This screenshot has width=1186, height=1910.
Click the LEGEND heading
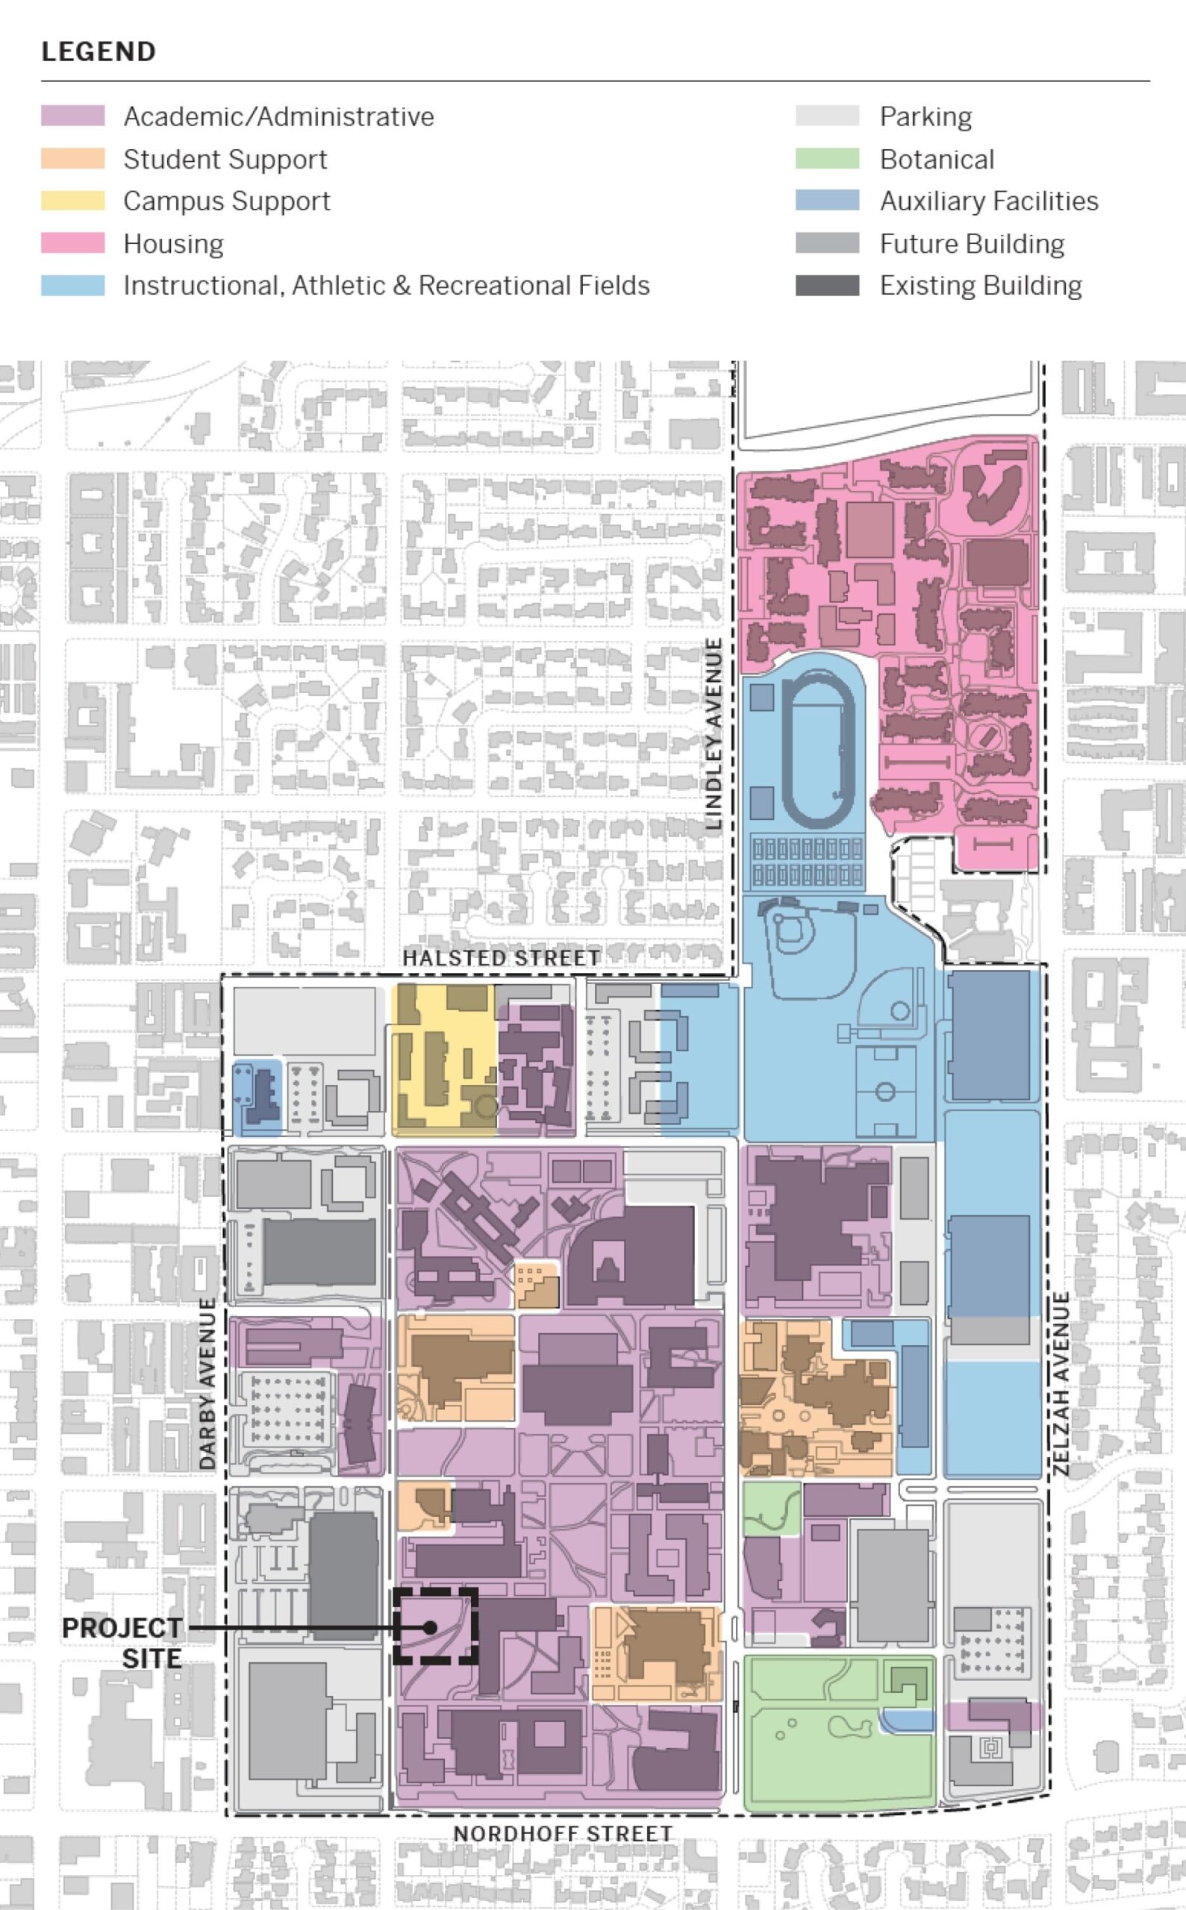click(98, 51)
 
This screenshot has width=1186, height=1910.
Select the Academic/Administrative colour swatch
click(72, 116)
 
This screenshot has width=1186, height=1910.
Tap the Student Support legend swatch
click(72, 158)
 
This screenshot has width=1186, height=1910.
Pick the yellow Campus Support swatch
click(72, 201)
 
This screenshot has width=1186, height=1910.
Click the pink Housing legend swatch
click(72, 243)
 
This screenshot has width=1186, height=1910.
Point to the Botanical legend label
click(937, 159)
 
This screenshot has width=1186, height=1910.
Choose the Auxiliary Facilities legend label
click(988, 201)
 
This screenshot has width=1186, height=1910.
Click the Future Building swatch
click(827, 243)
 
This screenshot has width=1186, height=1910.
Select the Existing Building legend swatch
click(827, 286)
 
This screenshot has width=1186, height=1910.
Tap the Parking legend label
click(926, 117)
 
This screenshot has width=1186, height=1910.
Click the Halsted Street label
click(502, 958)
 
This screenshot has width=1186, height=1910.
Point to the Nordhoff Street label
click(563, 1834)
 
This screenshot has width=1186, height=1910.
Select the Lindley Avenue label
click(713, 733)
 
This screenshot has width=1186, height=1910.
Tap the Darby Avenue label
click(207, 1383)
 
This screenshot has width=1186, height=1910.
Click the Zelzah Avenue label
click(1061, 1384)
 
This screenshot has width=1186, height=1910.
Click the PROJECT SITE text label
click(122, 1642)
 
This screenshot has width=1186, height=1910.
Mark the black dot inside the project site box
click(430, 1628)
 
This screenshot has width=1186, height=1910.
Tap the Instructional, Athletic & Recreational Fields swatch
click(72, 286)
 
